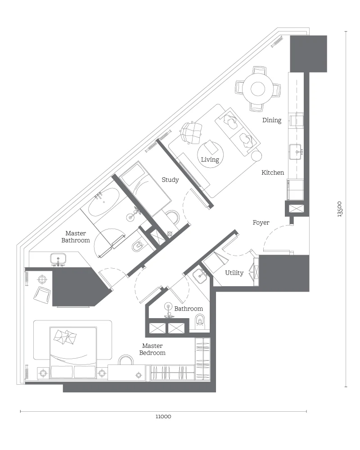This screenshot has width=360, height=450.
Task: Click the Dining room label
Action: click(272, 120)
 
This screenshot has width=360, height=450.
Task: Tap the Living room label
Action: click(210, 160)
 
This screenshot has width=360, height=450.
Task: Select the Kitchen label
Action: click(273, 172)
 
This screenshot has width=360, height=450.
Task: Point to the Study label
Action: click(170, 180)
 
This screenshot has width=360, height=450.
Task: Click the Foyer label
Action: click(261, 223)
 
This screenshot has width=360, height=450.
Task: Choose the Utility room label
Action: click(234, 273)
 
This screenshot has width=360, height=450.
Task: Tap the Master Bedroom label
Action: click(152, 349)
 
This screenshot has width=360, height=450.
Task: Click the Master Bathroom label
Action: click(76, 237)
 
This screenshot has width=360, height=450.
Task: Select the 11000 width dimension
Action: click(163, 416)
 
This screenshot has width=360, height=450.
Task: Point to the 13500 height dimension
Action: click(340, 209)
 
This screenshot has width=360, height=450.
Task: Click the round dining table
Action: click(257, 89)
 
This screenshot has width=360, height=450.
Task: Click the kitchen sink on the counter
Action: click(296, 152)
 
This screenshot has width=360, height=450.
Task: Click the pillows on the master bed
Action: click(65, 337)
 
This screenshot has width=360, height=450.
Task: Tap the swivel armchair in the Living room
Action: click(190, 133)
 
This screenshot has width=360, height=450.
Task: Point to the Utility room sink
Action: click(200, 275)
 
